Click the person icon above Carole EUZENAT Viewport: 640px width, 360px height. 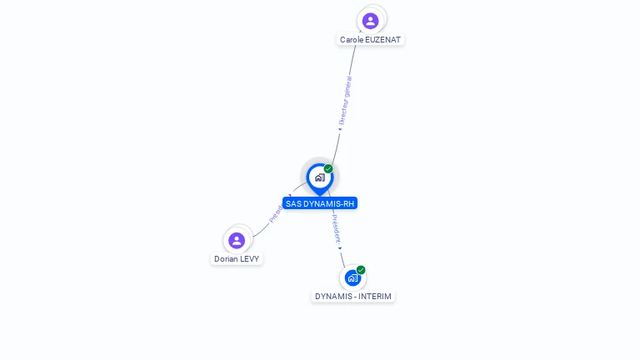click(x=371, y=20)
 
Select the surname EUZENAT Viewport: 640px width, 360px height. click(x=383, y=40)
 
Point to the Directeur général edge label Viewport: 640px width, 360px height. click(x=345, y=101)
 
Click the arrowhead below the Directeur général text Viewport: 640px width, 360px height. click(x=340, y=129)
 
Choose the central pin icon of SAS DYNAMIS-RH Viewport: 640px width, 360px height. click(x=319, y=177)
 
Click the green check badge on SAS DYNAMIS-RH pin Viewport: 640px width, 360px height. click(x=328, y=169)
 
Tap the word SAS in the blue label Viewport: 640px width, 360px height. click(x=292, y=203)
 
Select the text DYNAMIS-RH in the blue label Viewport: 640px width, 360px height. click(x=328, y=203)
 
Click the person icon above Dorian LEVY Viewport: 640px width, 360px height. click(x=237, y=240)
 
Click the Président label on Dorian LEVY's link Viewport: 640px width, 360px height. click(x=277, y=212)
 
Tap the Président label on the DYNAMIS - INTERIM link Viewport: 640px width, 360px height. click(x=335, y=227)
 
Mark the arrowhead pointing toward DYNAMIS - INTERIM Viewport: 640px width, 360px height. click(x=340, y=247)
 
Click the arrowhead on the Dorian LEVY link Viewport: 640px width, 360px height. click(x=289, y=197)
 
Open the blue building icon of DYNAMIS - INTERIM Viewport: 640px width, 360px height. click(x=352, y=277)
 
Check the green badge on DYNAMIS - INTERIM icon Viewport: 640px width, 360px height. click(x=361, y=270)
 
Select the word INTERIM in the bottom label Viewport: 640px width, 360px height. click(x=374, y=297)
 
